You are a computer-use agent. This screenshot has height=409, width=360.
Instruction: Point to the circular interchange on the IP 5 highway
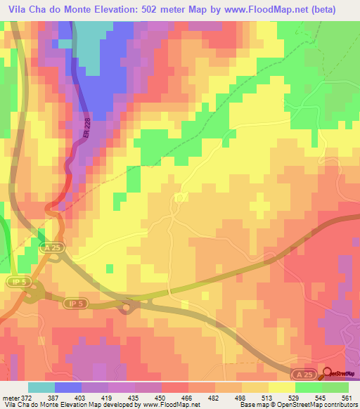pyautogui.click(x=128, y=306)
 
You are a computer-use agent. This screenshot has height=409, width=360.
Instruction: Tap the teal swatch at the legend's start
pyautogui.click(x=41, y=387)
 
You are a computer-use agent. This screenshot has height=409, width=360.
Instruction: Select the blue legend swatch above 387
pyautogui.click(x=68, y=387)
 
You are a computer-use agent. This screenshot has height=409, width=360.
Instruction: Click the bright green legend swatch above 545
pyautogui.click(x=309, y=387)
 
